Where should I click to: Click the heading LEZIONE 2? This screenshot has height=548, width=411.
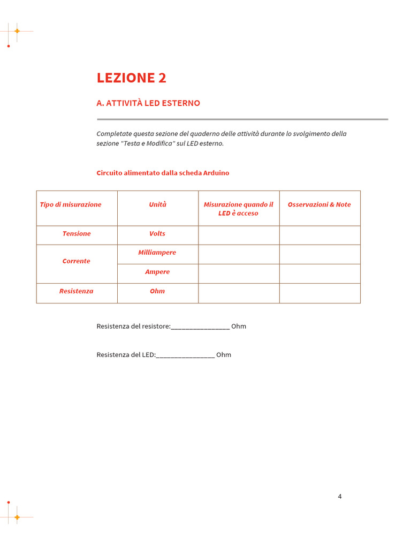pos(132,78)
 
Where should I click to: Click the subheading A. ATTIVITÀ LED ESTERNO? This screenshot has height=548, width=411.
pos(148,103)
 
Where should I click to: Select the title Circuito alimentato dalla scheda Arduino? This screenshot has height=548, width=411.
pos(163,173)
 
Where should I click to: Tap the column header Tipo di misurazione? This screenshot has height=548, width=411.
pos(71,204)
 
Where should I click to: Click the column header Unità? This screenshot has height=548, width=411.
pos(157,204)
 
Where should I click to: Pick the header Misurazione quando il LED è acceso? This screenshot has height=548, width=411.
pos(238,209)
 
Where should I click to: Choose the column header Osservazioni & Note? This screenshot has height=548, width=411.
pos(319,204)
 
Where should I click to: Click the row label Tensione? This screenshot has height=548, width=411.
pos(77,234)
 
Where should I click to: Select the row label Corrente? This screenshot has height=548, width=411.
pos(77,261)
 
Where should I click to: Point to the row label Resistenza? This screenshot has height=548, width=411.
pos(77,291)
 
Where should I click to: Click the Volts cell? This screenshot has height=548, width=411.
pos(157,234)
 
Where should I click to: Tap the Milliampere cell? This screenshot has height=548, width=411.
pos(157,253)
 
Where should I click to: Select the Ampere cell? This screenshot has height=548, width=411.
pos(157,272)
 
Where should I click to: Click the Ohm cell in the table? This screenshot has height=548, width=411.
pos(157,291)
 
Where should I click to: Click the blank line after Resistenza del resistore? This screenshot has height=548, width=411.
pos(200,326)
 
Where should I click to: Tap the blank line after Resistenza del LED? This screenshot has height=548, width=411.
pos(185,355)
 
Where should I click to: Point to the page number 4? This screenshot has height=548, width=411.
pos(340,496)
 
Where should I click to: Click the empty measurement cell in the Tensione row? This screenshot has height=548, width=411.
pos(239,235)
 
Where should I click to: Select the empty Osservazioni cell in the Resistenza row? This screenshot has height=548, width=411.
pos(319,293)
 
